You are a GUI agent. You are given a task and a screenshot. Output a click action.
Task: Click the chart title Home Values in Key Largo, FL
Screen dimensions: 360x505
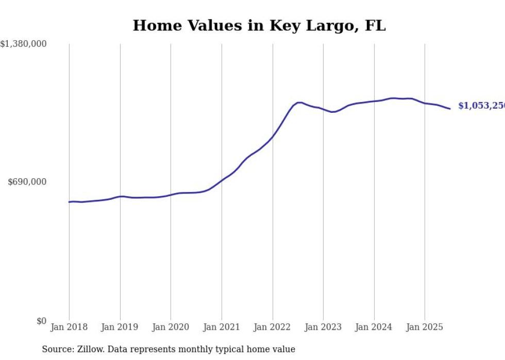(259, 26)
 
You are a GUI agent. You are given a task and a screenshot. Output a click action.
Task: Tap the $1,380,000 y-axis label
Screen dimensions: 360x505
(24, 45)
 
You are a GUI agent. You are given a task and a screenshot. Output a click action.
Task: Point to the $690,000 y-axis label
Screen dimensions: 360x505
(27, 182)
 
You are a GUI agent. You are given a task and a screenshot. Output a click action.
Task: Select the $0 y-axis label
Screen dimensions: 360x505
(41, 321)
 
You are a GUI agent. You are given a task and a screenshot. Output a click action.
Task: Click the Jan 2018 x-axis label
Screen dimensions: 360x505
(69, 327)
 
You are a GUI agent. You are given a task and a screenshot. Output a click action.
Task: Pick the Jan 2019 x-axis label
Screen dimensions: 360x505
(120, 327)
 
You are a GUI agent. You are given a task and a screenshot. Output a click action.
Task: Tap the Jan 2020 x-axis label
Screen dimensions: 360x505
(171, 327)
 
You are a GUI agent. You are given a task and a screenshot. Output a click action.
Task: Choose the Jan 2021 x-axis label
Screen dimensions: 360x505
(222, 327)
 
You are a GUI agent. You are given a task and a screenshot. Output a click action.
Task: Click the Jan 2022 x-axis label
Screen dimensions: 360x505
(273, 327)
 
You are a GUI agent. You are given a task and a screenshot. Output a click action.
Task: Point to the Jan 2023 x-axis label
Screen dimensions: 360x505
(323, 327)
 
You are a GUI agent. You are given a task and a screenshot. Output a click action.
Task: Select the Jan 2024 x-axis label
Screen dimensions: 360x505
(374, 327)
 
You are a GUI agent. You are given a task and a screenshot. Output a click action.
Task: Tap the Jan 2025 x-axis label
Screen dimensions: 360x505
(425, 327)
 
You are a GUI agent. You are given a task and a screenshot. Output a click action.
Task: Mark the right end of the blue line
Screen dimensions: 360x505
(450, 109)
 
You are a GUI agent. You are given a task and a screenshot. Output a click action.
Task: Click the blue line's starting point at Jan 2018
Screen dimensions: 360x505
(69, 202)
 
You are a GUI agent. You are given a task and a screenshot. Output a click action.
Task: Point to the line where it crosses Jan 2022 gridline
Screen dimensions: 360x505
(273, 136)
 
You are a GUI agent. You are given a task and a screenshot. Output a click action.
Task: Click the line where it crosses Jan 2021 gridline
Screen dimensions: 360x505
(222, 180)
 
